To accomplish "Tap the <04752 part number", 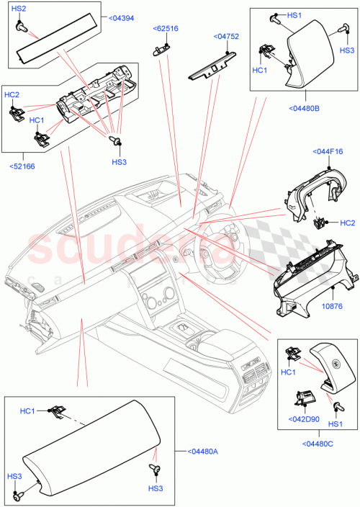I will pyautogui.click(x=226, y=35).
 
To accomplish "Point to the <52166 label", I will pyautogui.click(x=22, y=166).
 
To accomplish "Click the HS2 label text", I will pyautogui.click(x=19, y=8).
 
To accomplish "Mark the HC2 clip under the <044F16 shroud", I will pyautogui.click(x=318, y=223).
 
